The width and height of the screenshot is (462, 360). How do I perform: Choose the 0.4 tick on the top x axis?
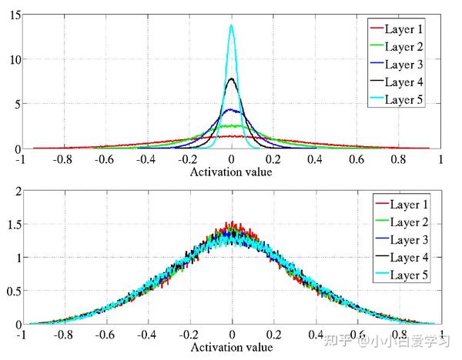coord(315,159)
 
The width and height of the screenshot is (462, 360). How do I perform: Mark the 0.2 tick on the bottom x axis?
coord(273,336)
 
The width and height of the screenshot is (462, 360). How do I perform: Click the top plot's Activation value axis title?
coord(231,171)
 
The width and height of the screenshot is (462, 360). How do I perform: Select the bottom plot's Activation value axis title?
coord(231,348)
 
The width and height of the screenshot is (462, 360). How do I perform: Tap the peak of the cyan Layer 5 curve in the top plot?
coord(232,25)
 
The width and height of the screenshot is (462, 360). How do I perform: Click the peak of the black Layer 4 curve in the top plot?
coord(232,78)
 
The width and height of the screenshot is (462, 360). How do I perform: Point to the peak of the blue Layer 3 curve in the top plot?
coord(232,110)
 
